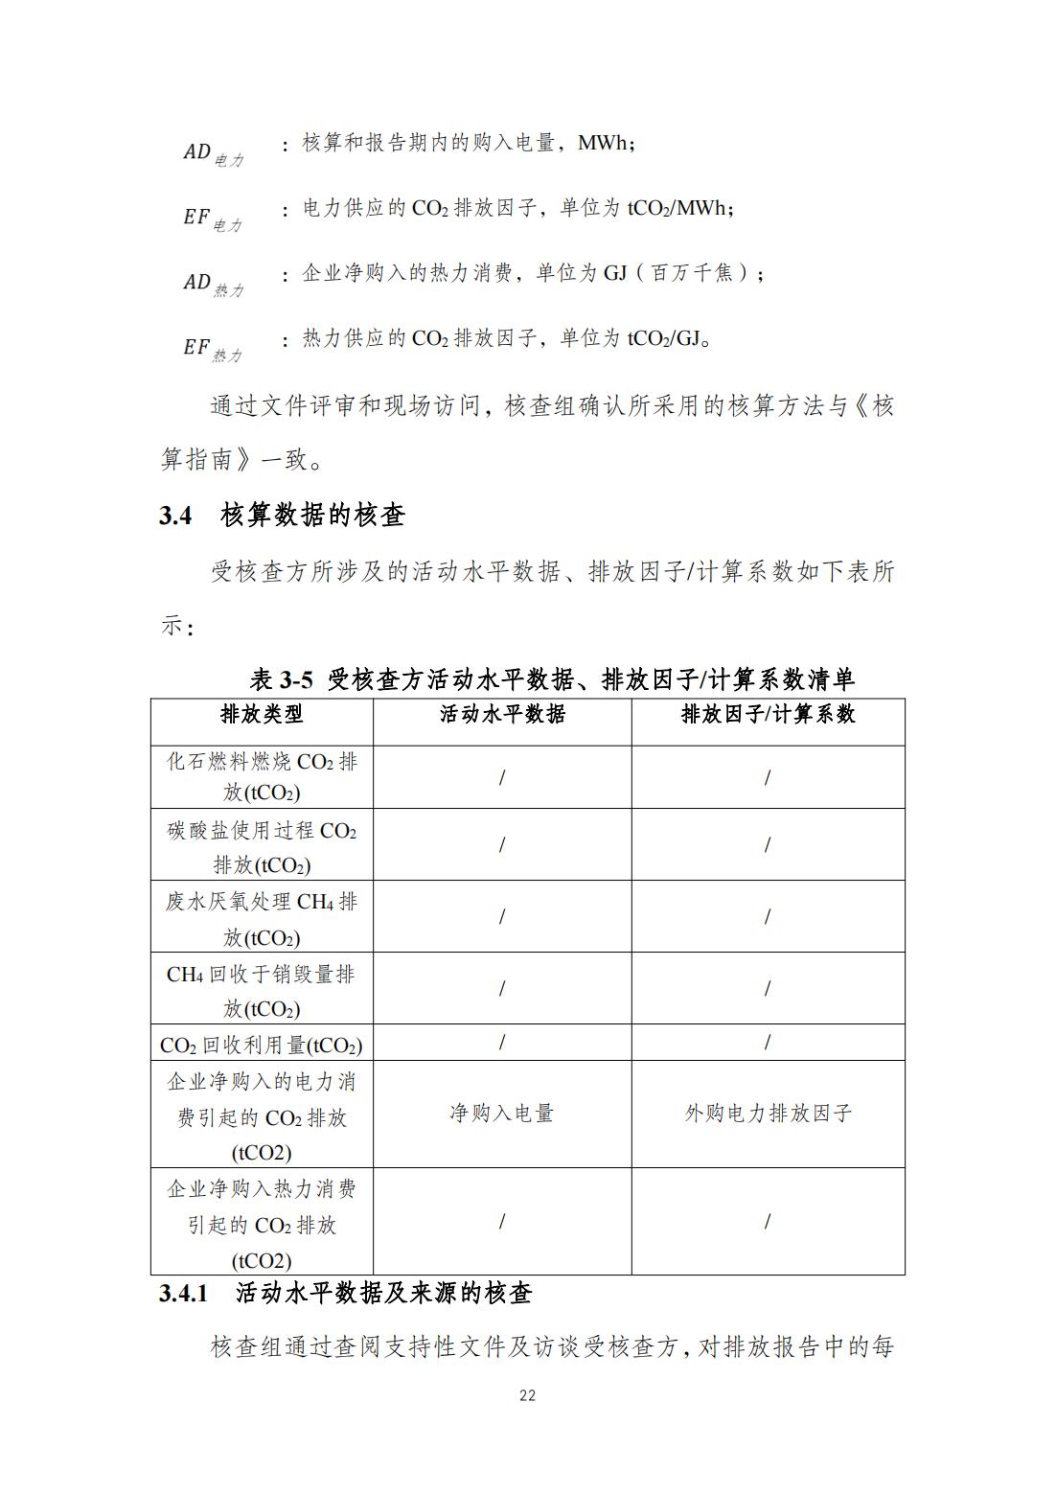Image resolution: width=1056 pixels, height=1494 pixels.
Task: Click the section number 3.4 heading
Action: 175,516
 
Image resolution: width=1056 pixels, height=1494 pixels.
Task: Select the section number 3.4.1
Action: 183,1293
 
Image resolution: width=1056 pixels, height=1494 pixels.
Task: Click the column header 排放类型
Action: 262,714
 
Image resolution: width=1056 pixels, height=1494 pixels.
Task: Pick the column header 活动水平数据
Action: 502,714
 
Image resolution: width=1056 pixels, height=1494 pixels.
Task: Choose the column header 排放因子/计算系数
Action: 768,714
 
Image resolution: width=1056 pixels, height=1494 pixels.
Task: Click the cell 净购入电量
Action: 502,1114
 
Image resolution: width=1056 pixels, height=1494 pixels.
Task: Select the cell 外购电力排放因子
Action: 768,1114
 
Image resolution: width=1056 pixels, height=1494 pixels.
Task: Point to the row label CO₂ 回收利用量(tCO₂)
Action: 262,1044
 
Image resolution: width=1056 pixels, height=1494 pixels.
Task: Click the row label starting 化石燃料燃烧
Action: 262,776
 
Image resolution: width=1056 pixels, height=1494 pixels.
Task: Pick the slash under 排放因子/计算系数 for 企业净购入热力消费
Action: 768,1222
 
